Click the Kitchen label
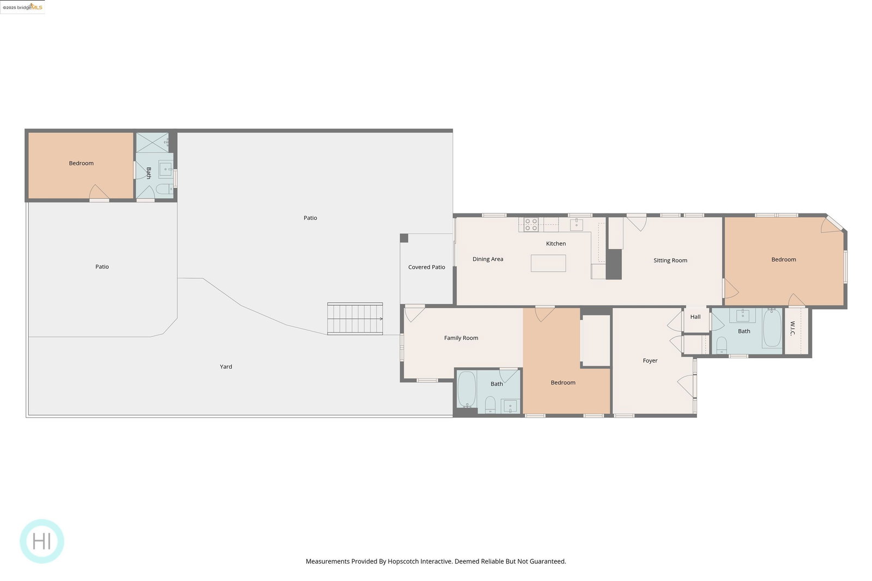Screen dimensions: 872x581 pyautogui.click(x=555, y=243)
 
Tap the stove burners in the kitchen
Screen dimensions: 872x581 pyautogui.click(x=531, y=225)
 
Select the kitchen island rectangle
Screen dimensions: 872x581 pyautogui.click(x=548, y=264)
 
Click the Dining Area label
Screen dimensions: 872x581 pyautogui.click(x=488, y=259)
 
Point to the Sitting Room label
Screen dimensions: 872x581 pyautogui.click(x=670, y=260)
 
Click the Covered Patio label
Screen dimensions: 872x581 pyautogui.click(x=426, y=267)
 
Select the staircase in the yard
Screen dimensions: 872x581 pyautogui.click(x=355, y=319)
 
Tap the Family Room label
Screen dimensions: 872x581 pyautogui.click(x=461, y=338)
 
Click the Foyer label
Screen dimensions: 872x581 pyautogui.click(x=650, y=360)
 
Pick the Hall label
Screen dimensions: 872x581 pyautogui.click(x=695, y=316)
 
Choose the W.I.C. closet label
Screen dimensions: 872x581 pyautogui.click(x=792, y=328)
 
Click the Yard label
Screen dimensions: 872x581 pyautogui.click(x=226, y=366)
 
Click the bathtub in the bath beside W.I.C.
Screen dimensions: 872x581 pyautogui.click(x=772, y=328)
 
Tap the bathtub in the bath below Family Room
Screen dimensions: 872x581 pyautogui.click(x=467, y=389)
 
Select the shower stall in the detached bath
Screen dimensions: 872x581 pyautogui.click(x=152, y=142)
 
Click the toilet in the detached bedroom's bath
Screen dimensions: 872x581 pyautogui.click(x=164, y=189)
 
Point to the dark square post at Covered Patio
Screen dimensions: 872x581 pyautogui.click(x=404, y=238)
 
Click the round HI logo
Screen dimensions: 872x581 pyautogui.click(x=41, y=541)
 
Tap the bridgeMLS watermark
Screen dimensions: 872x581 pyautogui.click(x=22, y=7)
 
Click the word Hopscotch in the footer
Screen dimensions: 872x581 pyautogui.click(x=403, y=561)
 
